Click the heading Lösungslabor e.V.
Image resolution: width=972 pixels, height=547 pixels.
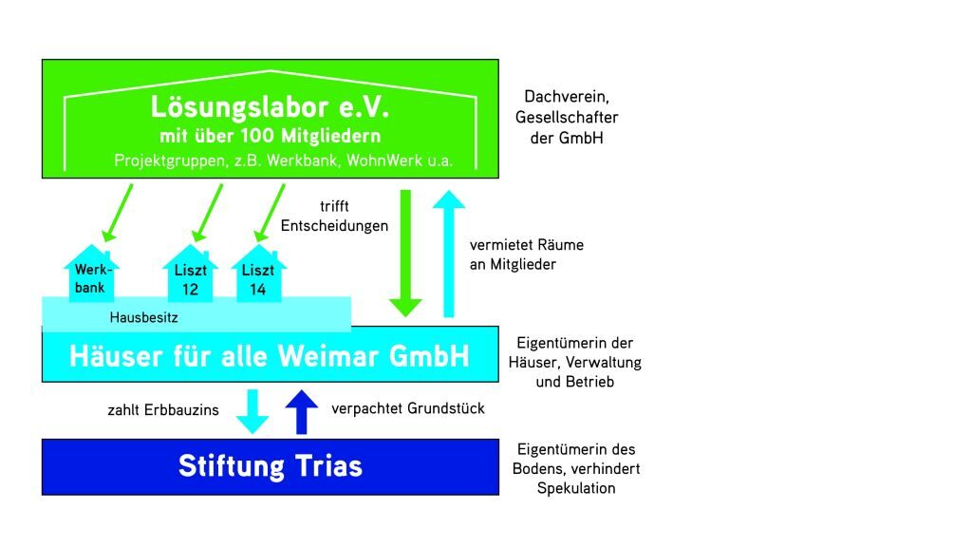click(x=271, y=106)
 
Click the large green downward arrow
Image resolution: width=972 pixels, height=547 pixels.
click(x=406, y=252)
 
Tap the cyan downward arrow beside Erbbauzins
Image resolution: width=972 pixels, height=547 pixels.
click(x=252, y=410)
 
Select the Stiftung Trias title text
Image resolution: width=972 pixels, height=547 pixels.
click(x=271, y=466)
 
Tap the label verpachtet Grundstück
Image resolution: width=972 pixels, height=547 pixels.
click(x=408, y=408)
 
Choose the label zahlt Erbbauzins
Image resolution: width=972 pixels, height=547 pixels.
click(x=163, y=410)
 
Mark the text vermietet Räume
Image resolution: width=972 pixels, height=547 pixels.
click(x=526, y=245)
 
